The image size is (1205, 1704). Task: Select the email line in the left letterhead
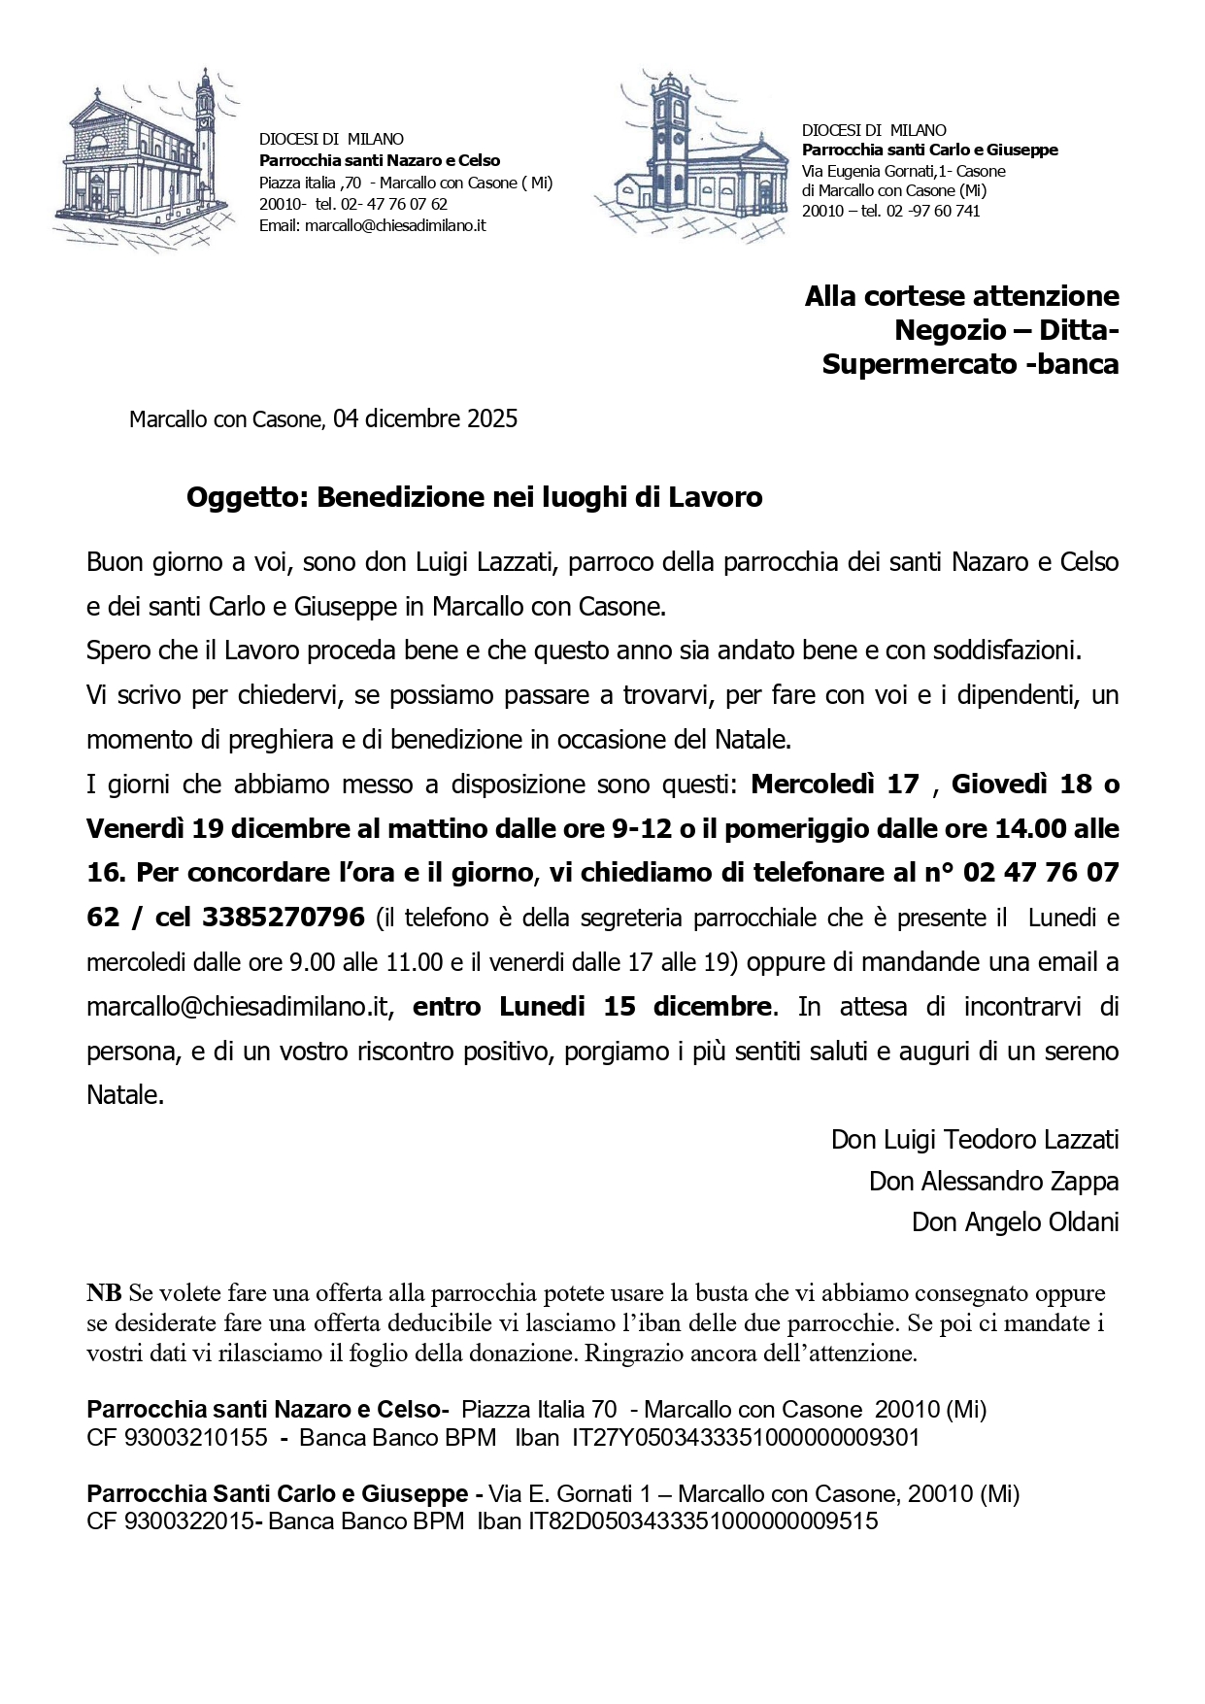[x=372, y=225]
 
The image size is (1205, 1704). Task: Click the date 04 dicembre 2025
[x=424, y=418]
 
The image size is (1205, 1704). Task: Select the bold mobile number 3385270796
[x=284, y=916]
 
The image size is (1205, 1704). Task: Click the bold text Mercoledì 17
[x=835, y=784]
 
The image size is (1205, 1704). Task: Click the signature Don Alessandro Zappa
[x=993, y=1181]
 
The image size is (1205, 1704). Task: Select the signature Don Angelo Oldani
[x=1015, y=1221]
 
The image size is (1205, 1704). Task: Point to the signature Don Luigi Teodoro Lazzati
[x=974, y=1139]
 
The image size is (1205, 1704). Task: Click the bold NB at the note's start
[x=104, y=1292]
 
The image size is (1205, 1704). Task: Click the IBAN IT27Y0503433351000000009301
[x=746, y=1437]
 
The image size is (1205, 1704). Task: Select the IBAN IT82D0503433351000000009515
[x=702, y=1520]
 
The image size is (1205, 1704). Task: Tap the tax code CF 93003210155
[x=177, y=1437]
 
